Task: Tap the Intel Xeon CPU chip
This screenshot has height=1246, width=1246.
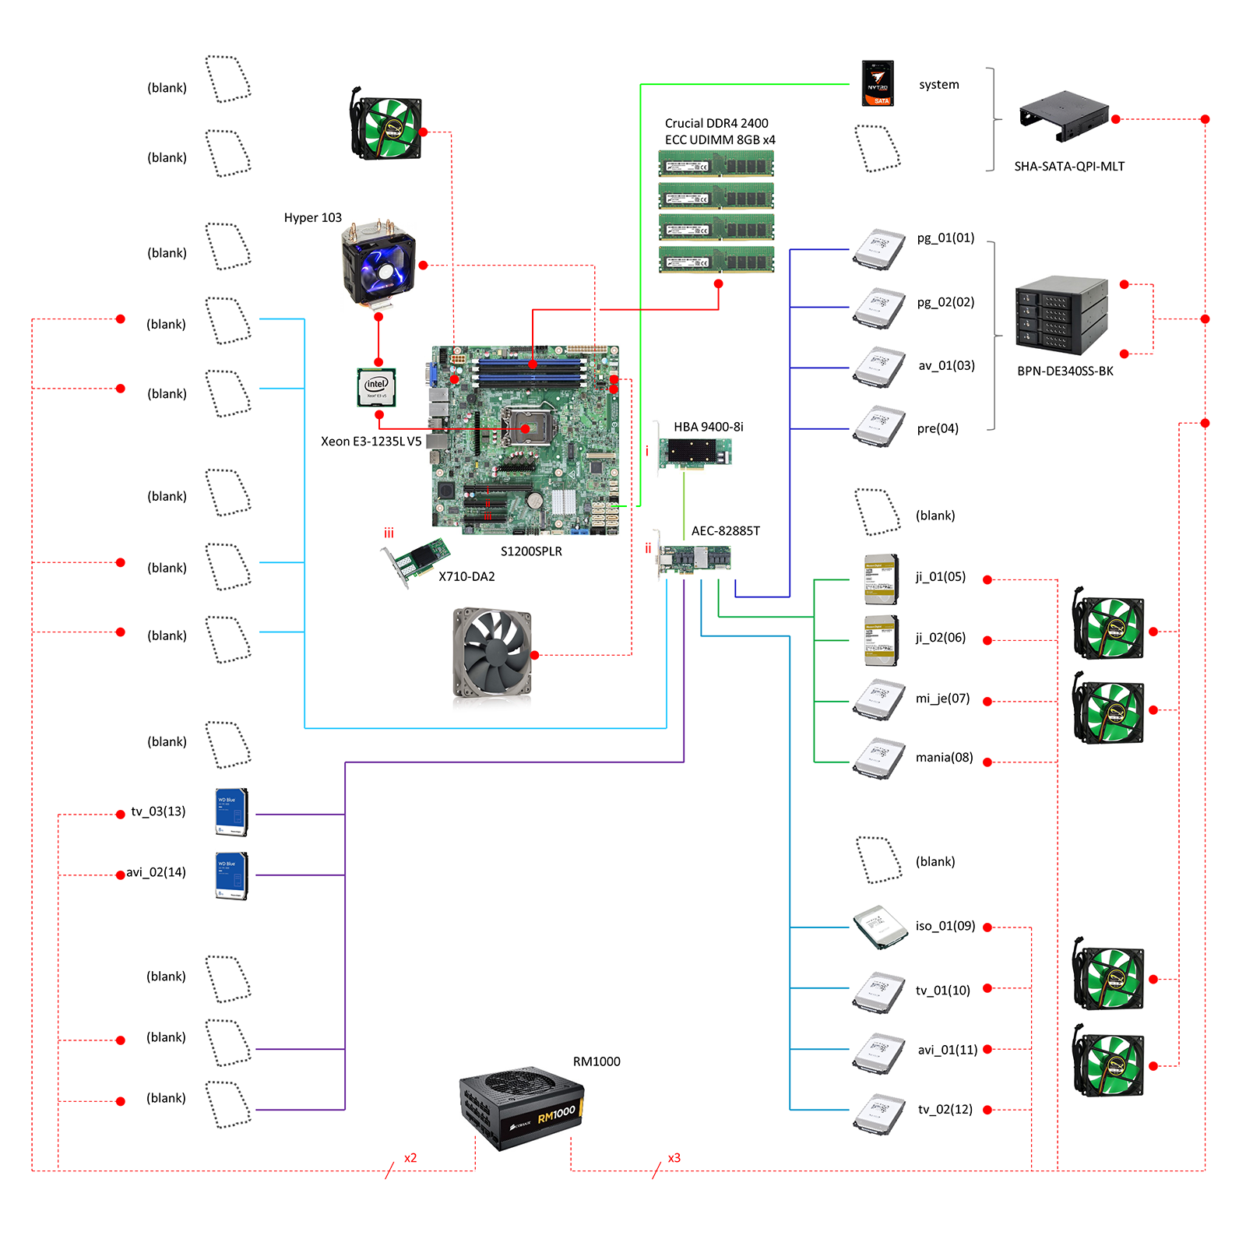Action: pyautogui.click(x=377, y=387)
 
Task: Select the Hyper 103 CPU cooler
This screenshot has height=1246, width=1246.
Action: pyautogui.click(x=378, y=264)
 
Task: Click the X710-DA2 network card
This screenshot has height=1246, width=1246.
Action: pyautogui.click(x=416, y=561)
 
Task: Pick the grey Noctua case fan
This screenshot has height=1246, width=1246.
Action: pyautogui.click(x=492, y=653)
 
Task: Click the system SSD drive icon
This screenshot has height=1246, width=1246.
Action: pyautogui.click(x=878, y=83)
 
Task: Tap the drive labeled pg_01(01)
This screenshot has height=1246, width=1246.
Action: pyautogui.click(x=879, y=249)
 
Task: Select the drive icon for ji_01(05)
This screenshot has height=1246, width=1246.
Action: pyautogui.click(x=882, y=579)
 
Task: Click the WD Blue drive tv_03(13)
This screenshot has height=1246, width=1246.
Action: pyautogui.click(x=231, y=812)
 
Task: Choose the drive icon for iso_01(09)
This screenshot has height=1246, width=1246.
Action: pyautogui.click(x=880, y=927)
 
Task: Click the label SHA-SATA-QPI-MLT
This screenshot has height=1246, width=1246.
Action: pyautogui.click(x=1069, y=166)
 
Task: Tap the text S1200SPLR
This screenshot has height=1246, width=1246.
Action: pyautogui.click(x=531, y=551)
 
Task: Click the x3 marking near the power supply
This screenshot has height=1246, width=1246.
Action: pyautogui.click(x=674, y=1158)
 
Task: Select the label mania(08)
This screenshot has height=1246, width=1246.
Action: pyautogui.click(x=944, y=758)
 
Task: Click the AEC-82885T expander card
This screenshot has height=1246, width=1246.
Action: pyautogui.click(x=695, y=559)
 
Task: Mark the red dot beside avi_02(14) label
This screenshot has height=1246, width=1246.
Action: pyautogui.click(x=120, y=875)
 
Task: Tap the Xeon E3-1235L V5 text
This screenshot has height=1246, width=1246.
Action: pyautogui.click(x=371, y=442)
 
